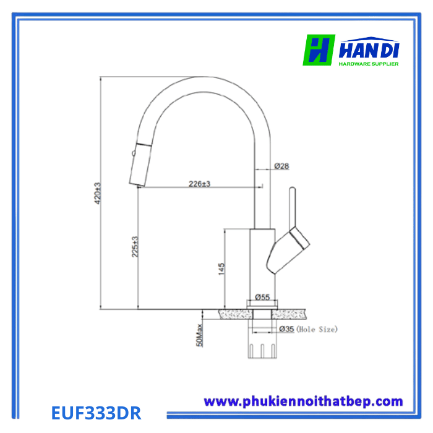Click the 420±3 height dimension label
click(x=97, y=193)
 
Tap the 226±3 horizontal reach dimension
click(x=199, y=184)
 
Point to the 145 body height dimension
click(x=221, y=268)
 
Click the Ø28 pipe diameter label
click(x=281, y=166)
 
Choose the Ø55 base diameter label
click(x=262, y=298)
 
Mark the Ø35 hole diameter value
click(x=286, y=329)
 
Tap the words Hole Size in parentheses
click(x=317, y=329)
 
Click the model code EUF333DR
click(x=95, y=412)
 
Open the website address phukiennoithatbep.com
click(x=303, y=401)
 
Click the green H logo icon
click(x=319, y=50)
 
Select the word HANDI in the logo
click(x=369, y=48)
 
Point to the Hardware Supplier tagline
click(x=369, y=63)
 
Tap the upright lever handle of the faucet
click(x=292, y=207)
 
